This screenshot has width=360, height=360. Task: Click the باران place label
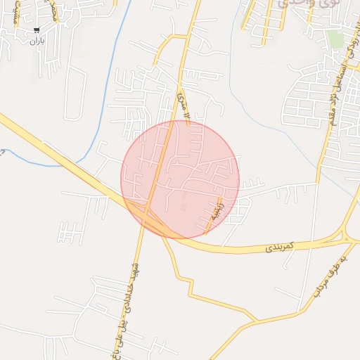[x=37, y=41]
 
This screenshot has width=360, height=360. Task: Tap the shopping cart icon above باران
[x=37, y=30]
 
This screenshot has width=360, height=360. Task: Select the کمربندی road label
[x=278, y=248]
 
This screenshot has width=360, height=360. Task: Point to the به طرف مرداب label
[x=330, y=275]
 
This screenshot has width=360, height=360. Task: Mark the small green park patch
[x=335, y=39]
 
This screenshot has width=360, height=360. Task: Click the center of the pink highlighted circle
[x=180, y=179]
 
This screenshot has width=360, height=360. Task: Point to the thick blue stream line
[x=112, y=91]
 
